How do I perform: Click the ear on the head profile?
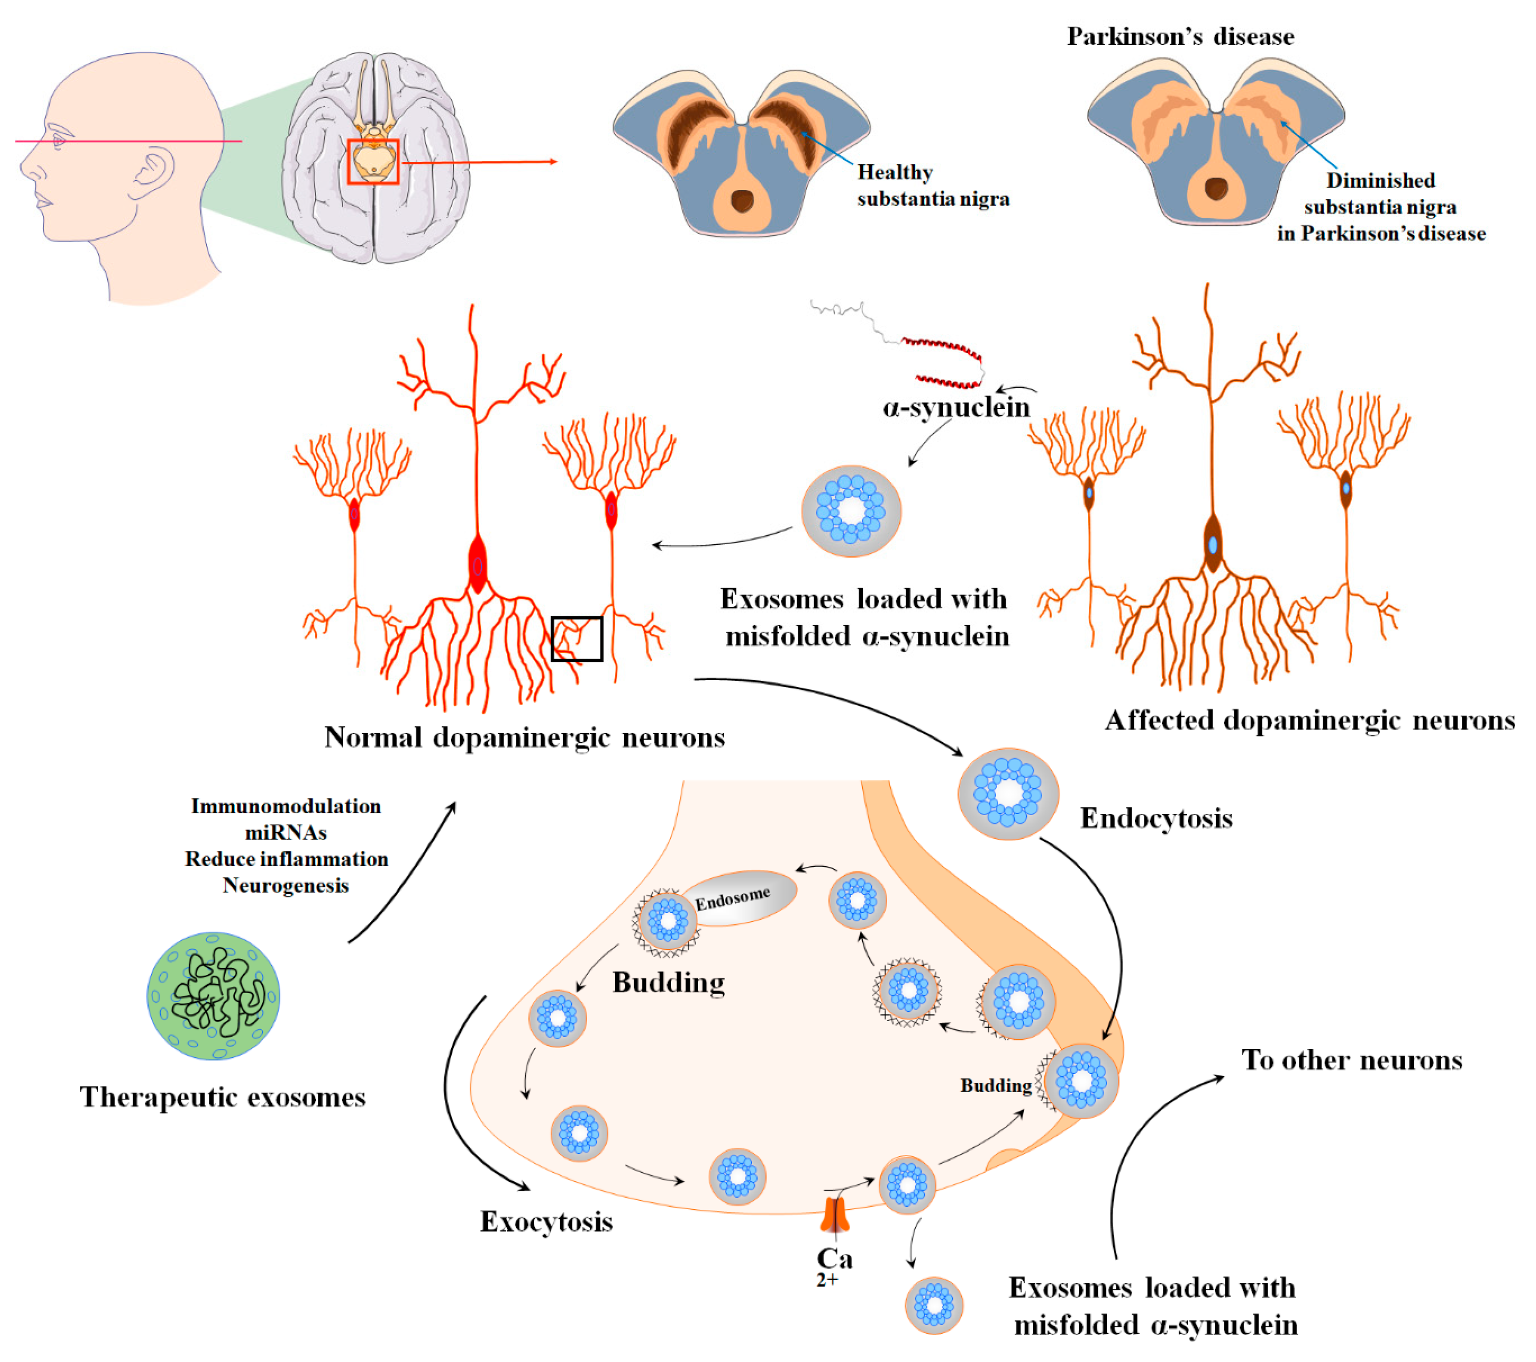(x=155, y=175)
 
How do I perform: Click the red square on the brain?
(x=373, y=161)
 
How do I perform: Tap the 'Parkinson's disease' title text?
(x=1180, y=36)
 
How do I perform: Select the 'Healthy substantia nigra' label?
(x=932, y=186)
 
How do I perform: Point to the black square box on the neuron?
(x=576, y=639)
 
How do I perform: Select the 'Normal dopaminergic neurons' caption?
(x=524, y=737)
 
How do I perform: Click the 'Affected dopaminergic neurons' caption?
(x=1309, y=720)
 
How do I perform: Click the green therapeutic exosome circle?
(x=214, y=996)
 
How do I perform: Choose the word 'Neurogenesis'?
(x=286, y=886)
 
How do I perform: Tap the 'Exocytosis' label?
(x=546, y=1222)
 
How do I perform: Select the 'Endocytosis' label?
(x=1156, y=818)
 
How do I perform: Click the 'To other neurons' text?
(x=1351, y=1060)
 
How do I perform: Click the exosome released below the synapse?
(x=933, y=1306)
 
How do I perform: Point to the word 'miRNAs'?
(x=286, y=833)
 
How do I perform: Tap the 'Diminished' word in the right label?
(x=1380, y=181)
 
